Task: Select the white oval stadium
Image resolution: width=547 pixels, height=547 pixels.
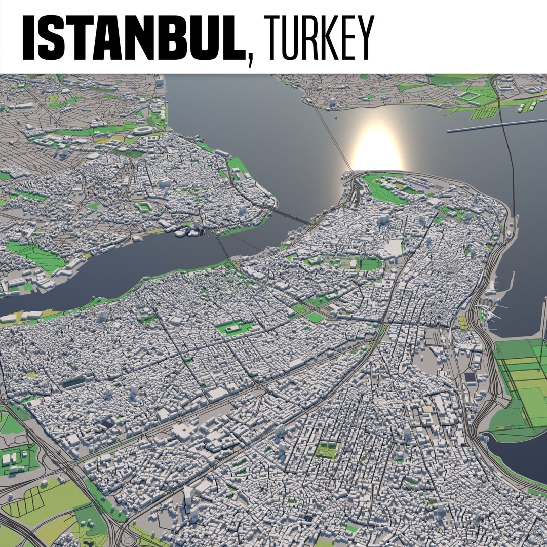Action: point(145,130)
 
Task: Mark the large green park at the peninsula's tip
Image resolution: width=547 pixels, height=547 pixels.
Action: point(385,187)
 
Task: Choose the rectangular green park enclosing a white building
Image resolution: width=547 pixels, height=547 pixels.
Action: point(235,328)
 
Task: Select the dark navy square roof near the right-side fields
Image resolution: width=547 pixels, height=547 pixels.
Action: point(471,377)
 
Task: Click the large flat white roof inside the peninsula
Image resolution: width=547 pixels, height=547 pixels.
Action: point(394,247)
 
